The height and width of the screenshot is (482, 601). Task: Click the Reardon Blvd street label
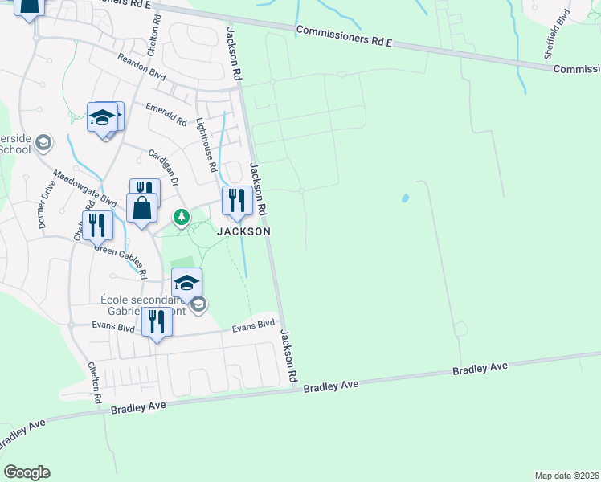tap(141, 70)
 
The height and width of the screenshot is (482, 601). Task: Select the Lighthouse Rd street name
tap(206, 146)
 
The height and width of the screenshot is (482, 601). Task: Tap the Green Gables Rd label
tap(121, 260)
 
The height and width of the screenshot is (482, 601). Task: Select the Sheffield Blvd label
tap(556, 35)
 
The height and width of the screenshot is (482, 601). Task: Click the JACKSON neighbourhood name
tap(242, 231)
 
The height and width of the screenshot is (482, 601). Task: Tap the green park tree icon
tap(182, 217)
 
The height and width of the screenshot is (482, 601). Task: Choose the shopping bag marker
tap(141, 208)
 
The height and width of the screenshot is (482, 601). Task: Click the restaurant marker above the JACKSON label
tap(236, 201)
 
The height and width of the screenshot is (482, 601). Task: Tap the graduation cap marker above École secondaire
tap(186, 283)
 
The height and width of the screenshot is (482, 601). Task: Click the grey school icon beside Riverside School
tap(43, 143)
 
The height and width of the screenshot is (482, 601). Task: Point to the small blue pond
tap(404, 198)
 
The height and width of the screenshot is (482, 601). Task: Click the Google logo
tap(27, 472)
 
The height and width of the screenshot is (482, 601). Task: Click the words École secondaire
tap(136, 300)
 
